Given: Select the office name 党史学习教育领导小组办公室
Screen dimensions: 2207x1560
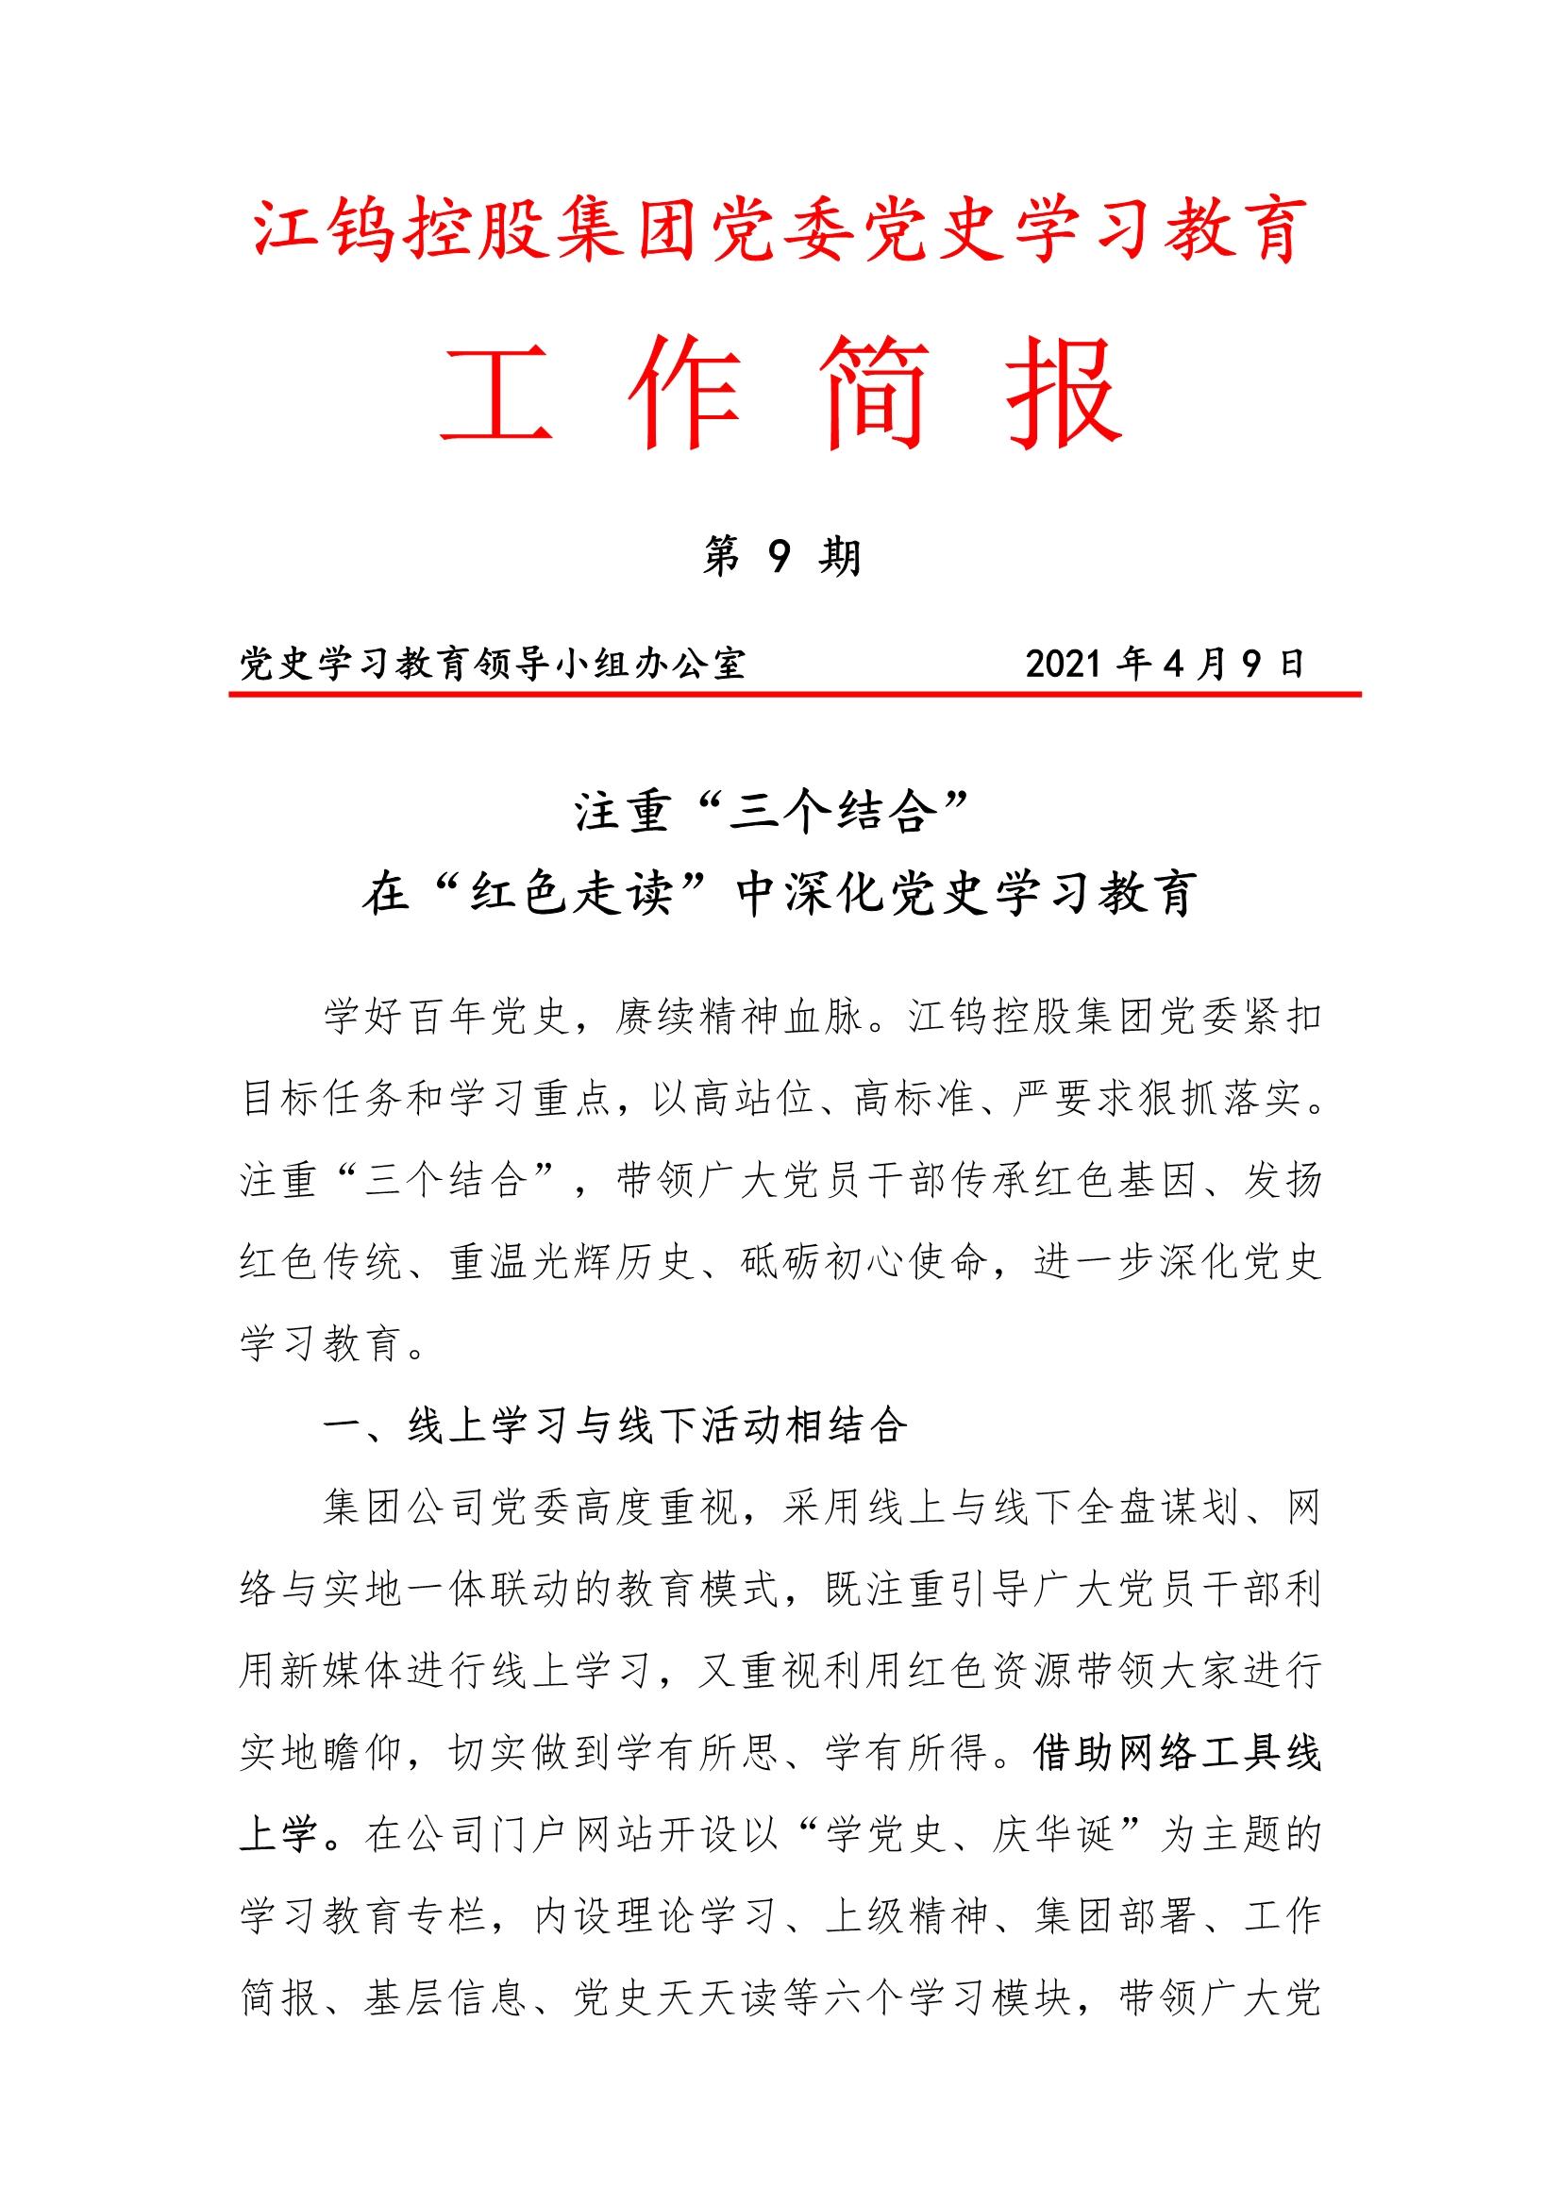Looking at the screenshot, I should (x=492, y=665).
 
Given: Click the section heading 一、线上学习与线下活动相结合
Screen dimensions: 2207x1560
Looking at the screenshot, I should (x=615, y=1426).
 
